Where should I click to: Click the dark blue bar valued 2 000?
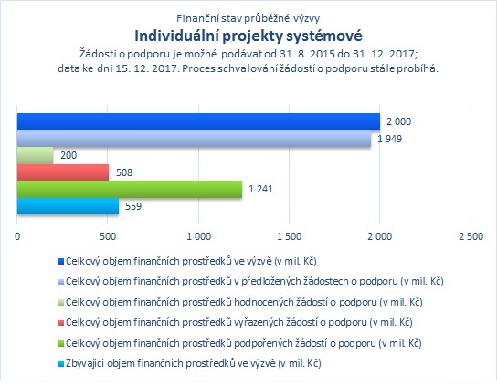[198, 121]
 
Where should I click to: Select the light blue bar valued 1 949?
[194, 139]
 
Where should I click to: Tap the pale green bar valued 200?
[36, 155]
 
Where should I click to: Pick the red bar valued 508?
[63, 172]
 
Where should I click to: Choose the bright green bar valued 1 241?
[130, 189]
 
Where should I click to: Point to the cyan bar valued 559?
[68, 206]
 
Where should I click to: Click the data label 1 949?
[389, 139]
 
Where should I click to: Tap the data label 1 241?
[260, 189]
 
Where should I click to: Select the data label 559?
[133, 206]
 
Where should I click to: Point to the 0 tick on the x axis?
[17, 236]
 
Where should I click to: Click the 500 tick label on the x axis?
[108, 236]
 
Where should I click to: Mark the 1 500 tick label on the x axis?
[289, 236]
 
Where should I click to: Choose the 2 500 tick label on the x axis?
[471, 236]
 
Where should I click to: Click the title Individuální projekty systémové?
[248, 36]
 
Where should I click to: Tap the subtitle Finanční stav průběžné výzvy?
[248, 18]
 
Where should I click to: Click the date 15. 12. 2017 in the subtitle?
[146, 68]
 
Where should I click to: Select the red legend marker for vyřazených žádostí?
[60, 323]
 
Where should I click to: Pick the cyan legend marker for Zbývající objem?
[60, 364]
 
